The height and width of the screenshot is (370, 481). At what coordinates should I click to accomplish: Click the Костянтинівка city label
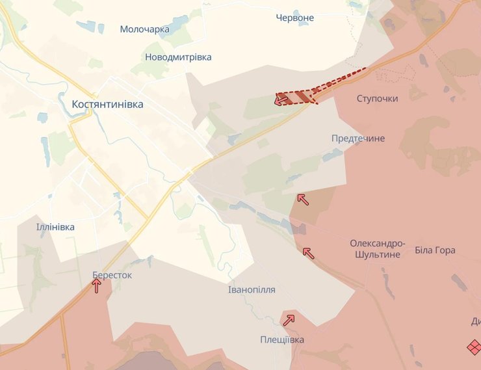(x=108, y=104)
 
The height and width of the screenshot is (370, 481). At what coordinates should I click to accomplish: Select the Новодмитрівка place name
(x=178, y=57)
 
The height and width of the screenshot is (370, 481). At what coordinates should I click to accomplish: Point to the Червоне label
(x=294, y=18)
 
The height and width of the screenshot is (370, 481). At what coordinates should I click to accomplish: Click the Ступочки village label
(x=377, y=98)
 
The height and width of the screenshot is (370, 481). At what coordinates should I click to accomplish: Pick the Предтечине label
(x=357, y=139)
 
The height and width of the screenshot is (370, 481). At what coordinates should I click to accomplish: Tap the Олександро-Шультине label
(x=378, y=249)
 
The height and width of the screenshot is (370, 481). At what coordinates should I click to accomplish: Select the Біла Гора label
(x=435, y=250)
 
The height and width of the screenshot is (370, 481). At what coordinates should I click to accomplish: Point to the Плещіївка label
(x=281, y=339)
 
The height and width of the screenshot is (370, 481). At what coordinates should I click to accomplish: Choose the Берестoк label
(x=112, y=275)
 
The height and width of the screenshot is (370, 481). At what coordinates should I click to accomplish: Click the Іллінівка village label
(x=55, y=227)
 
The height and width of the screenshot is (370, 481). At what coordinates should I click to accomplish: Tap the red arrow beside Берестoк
(x=96, y=285)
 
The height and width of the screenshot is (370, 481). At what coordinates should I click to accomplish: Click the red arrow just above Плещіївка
(x=289, y=319)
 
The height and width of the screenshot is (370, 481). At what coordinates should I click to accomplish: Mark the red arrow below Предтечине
(x=302, y=199)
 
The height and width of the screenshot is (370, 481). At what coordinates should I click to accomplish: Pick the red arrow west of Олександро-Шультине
(x=308, y=252)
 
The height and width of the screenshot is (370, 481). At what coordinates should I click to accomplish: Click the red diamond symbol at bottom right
(x=474, y=347)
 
